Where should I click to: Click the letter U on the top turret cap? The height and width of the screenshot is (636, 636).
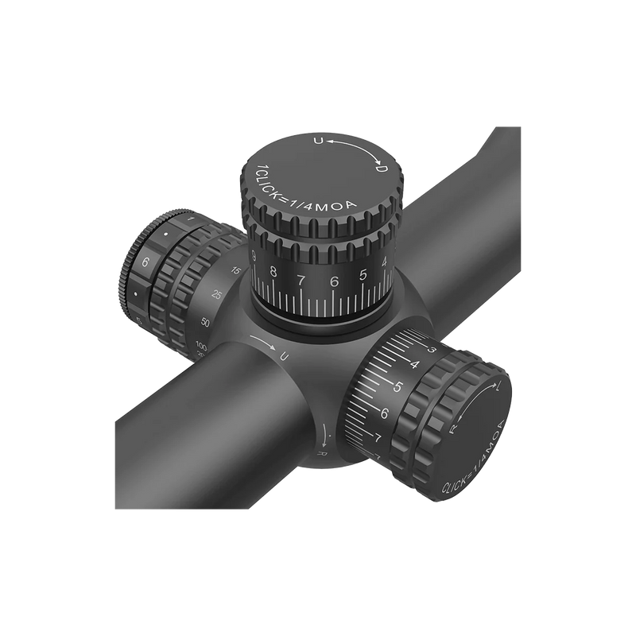click(x=319, y=142)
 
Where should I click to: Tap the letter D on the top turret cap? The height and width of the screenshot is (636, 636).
click(x=381, y=169)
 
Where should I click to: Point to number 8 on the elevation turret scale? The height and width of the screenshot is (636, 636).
click(x=273, y=273)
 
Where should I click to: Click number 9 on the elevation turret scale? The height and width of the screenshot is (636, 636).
click(x=253, y=256)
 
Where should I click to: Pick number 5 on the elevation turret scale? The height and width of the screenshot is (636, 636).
click(x=363, y=276)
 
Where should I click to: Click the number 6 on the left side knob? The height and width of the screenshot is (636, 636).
click(x=145, y=262)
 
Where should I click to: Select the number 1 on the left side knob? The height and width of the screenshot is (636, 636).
click(x=191, y=218)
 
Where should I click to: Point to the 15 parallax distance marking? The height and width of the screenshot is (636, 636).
click(x=235, y=271)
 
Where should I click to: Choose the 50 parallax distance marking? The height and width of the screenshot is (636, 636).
click(x=205, y=322)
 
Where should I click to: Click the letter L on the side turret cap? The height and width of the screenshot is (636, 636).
click(x=497, y=390)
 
